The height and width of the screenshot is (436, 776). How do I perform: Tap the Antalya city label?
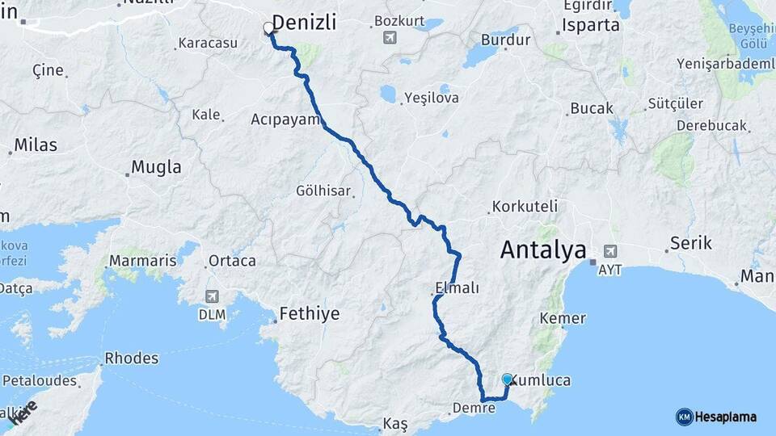point(543,249)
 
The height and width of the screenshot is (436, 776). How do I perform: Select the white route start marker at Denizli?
point(268,29)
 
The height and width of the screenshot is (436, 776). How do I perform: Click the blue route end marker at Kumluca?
point(507,379)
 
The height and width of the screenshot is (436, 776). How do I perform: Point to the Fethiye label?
point(310,313)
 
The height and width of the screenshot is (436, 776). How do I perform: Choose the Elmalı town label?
point(458,287)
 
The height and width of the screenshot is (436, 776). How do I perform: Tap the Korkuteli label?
point(521,206)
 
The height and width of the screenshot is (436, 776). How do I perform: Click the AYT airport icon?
point(609,251)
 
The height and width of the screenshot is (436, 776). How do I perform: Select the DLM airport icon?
point(212,296)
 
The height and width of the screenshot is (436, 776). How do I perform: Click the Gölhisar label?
point(323,191)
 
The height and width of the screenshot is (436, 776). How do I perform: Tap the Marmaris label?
point(142,261)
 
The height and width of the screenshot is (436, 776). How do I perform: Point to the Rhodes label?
point(132,358)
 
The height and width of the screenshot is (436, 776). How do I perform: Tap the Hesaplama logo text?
point(726,417)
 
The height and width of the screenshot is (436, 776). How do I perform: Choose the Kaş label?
point(395,423)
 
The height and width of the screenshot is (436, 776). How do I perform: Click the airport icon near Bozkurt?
point(391,37)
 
